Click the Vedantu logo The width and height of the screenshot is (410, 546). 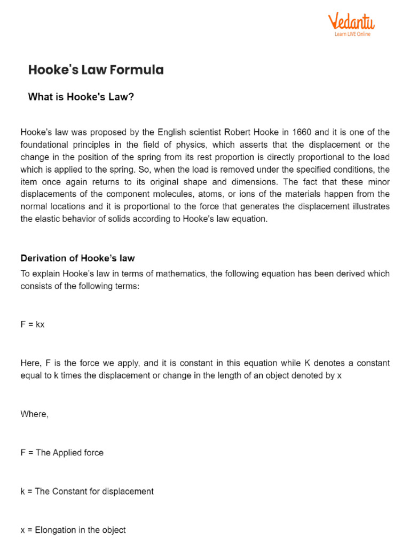point(351,21)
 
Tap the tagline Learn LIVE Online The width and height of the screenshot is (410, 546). point(352,34)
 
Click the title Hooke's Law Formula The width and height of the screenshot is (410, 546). point(96,70)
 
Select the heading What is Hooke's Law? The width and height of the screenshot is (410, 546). point(81,97)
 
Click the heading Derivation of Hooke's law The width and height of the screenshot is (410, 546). point(77,258)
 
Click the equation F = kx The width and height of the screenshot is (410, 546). point(32,324)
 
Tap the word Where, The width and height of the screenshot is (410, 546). point(34,414)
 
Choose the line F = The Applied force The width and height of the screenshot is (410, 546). point(62,453)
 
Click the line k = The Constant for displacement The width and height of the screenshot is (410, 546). point(87,491)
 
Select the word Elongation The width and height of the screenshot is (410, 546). point(56,530)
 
